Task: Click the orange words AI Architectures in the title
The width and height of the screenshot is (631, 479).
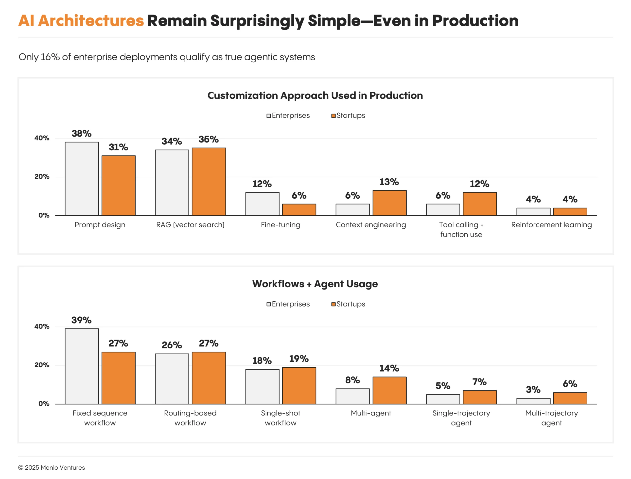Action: pos(81,21)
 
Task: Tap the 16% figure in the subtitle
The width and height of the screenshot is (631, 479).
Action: pos(50,57)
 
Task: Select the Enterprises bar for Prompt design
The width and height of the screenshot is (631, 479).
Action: pos(82,179)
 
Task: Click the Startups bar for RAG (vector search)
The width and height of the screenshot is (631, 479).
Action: pos(209,182)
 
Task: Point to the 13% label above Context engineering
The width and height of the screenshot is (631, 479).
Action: pos(389,182)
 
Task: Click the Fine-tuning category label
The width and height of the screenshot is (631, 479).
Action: pos(280,225)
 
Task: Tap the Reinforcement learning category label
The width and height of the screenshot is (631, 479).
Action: pos(551,225)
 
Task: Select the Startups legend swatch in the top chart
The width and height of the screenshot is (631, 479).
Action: pos(333,116)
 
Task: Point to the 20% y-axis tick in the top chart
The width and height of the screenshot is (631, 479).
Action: pos(42,177)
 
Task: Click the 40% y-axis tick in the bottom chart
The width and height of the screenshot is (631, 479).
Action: pos(42,326)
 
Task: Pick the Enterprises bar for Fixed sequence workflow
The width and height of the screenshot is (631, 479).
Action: pos(82,366)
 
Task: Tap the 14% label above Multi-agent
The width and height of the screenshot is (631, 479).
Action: pos(389,368)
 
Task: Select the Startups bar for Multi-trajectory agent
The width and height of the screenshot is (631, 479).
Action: pos(570,398)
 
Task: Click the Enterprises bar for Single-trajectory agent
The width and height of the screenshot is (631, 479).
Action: pos(443,399)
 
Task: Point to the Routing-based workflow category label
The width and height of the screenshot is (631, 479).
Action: pos(190,418)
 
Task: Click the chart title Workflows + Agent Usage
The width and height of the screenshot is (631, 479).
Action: pos(315,284)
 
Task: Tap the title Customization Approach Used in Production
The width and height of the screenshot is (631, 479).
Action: pos(315,96)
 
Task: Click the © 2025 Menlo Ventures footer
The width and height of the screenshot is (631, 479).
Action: pos(52,468)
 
